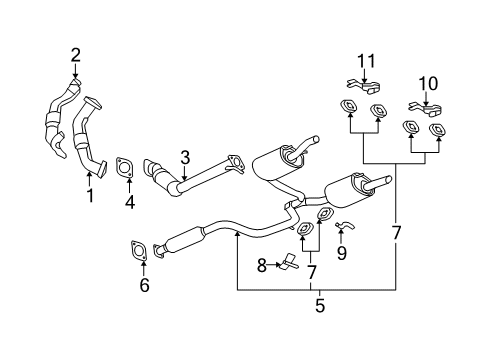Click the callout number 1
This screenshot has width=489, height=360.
(89, 196)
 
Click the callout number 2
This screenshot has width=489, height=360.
(74, 54)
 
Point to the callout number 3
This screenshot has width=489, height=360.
(184, 157)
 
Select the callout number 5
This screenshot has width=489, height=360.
(320, 306)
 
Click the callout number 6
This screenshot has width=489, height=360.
(144, 286)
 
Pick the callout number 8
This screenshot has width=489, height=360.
(261, 265)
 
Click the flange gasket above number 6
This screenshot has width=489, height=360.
(140, 248)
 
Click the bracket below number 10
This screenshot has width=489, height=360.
(422, 104)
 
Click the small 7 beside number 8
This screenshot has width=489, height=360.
(311, 271)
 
